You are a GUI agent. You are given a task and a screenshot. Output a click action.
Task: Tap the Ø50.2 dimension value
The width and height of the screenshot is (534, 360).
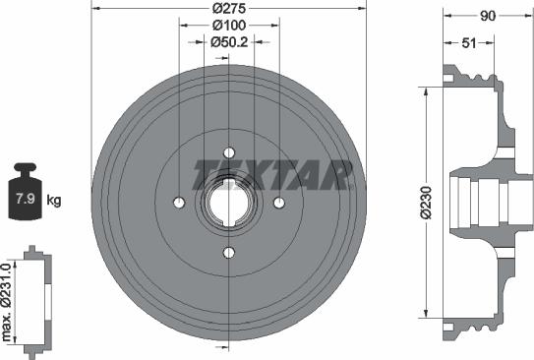(229, 41)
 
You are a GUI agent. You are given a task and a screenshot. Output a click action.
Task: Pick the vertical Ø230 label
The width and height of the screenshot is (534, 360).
(427, 201)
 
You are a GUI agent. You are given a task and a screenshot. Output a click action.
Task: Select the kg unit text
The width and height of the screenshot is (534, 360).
(54, 201)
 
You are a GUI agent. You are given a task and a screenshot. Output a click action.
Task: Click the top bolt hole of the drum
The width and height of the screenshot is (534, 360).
(229, 151)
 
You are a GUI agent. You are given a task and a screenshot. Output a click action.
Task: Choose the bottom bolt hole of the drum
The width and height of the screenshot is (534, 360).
(229, 253)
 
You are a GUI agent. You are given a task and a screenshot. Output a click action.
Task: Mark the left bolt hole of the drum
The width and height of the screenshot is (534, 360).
(179, 203)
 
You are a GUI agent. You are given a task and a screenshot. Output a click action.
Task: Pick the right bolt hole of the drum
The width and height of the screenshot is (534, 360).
(279, 203)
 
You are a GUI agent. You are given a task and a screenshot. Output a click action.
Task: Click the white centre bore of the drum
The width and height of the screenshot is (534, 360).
(229, 203)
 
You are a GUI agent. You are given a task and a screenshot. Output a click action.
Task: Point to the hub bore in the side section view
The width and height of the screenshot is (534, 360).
(472, 202)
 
